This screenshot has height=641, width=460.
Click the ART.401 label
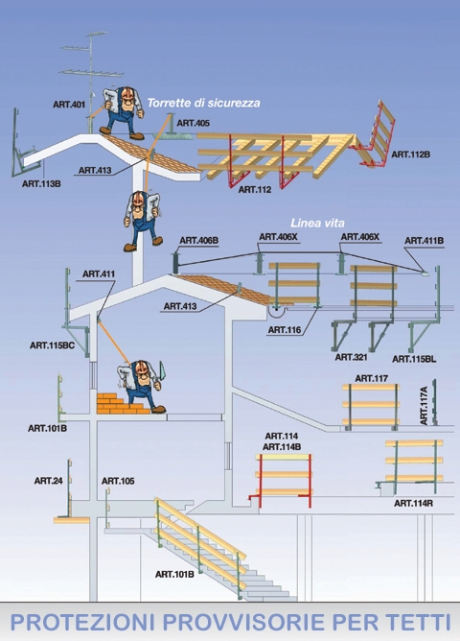(x=69, y=105)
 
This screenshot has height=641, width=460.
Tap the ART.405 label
(x=193, y=123)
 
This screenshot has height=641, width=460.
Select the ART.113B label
(x=41, y=183)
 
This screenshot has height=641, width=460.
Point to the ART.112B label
(x=410, y=154)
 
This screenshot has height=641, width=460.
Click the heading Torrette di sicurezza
(x=203, y=103)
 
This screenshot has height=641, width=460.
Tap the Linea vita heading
(x=317, y=224)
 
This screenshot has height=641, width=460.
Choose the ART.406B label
(x=198, y=240)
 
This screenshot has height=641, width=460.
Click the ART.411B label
(x=425, y=240)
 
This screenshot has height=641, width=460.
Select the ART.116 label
(x=285, y=330)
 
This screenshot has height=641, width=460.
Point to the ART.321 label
(x=351, y=357)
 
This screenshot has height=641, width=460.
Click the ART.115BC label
(x=53, y=345)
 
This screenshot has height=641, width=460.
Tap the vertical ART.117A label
(x=424, y=406)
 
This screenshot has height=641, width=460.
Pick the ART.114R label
(x=413, y=503)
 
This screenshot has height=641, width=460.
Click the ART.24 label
(x=49, y=481)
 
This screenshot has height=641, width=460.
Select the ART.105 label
(x=118, y=481)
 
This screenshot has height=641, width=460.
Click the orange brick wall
(x=121, y=403)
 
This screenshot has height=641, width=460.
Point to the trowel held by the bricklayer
(x=162, y=372)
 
